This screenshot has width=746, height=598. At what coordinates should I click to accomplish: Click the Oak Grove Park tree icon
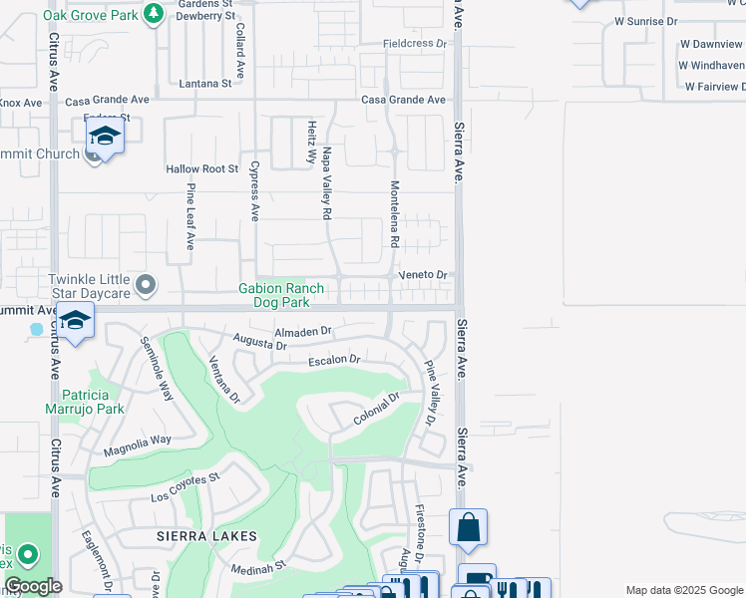[x=153, y=13]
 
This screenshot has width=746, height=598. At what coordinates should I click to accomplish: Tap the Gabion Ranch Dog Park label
[x=280, y=296]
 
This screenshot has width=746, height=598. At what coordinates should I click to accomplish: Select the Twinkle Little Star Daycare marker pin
[x=146, y=287]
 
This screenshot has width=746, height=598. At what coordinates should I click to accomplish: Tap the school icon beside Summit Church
[x=104, y=136]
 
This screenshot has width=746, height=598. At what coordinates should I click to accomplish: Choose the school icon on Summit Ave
[x=75, y=321]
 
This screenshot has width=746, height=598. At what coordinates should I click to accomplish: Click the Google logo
[x=33, y=586]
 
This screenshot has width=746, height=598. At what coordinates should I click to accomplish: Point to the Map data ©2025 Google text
[x=683, y=590]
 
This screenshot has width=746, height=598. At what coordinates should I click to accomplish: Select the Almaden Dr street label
[x=302, y=331]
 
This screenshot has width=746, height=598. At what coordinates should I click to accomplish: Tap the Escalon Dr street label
[x=332, y=360]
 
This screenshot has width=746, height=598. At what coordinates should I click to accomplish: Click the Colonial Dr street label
[x=376, y=410]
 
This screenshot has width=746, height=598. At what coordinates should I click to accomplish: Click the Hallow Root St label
[x=202, y=170]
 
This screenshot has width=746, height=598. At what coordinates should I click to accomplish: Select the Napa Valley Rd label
[x=326, y=183]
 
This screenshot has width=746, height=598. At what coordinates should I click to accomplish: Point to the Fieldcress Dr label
[x=416, y=44]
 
